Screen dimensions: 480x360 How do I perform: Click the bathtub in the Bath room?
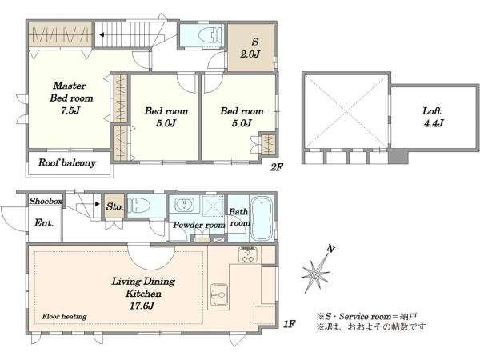261,218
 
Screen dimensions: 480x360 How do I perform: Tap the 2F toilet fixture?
210,34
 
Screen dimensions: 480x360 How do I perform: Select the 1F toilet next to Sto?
138,205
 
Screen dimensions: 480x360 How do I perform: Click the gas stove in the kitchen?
248,254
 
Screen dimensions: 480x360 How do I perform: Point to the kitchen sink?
219,294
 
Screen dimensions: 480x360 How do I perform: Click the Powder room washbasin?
184,204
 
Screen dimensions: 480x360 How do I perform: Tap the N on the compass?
330,249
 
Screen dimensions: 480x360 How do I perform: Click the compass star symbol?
315,274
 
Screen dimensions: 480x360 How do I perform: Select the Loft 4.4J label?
433,117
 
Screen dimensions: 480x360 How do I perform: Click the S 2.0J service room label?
250,48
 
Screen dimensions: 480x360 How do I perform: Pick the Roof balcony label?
66,163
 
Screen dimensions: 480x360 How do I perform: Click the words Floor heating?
64,316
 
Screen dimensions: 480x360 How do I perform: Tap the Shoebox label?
46,201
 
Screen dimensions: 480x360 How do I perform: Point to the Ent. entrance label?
44,222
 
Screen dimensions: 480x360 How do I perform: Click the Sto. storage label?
114,206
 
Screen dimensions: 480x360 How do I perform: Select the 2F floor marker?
277,167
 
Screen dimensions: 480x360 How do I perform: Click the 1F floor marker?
289,323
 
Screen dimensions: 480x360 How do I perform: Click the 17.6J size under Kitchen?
142,306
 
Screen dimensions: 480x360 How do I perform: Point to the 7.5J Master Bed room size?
70,110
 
